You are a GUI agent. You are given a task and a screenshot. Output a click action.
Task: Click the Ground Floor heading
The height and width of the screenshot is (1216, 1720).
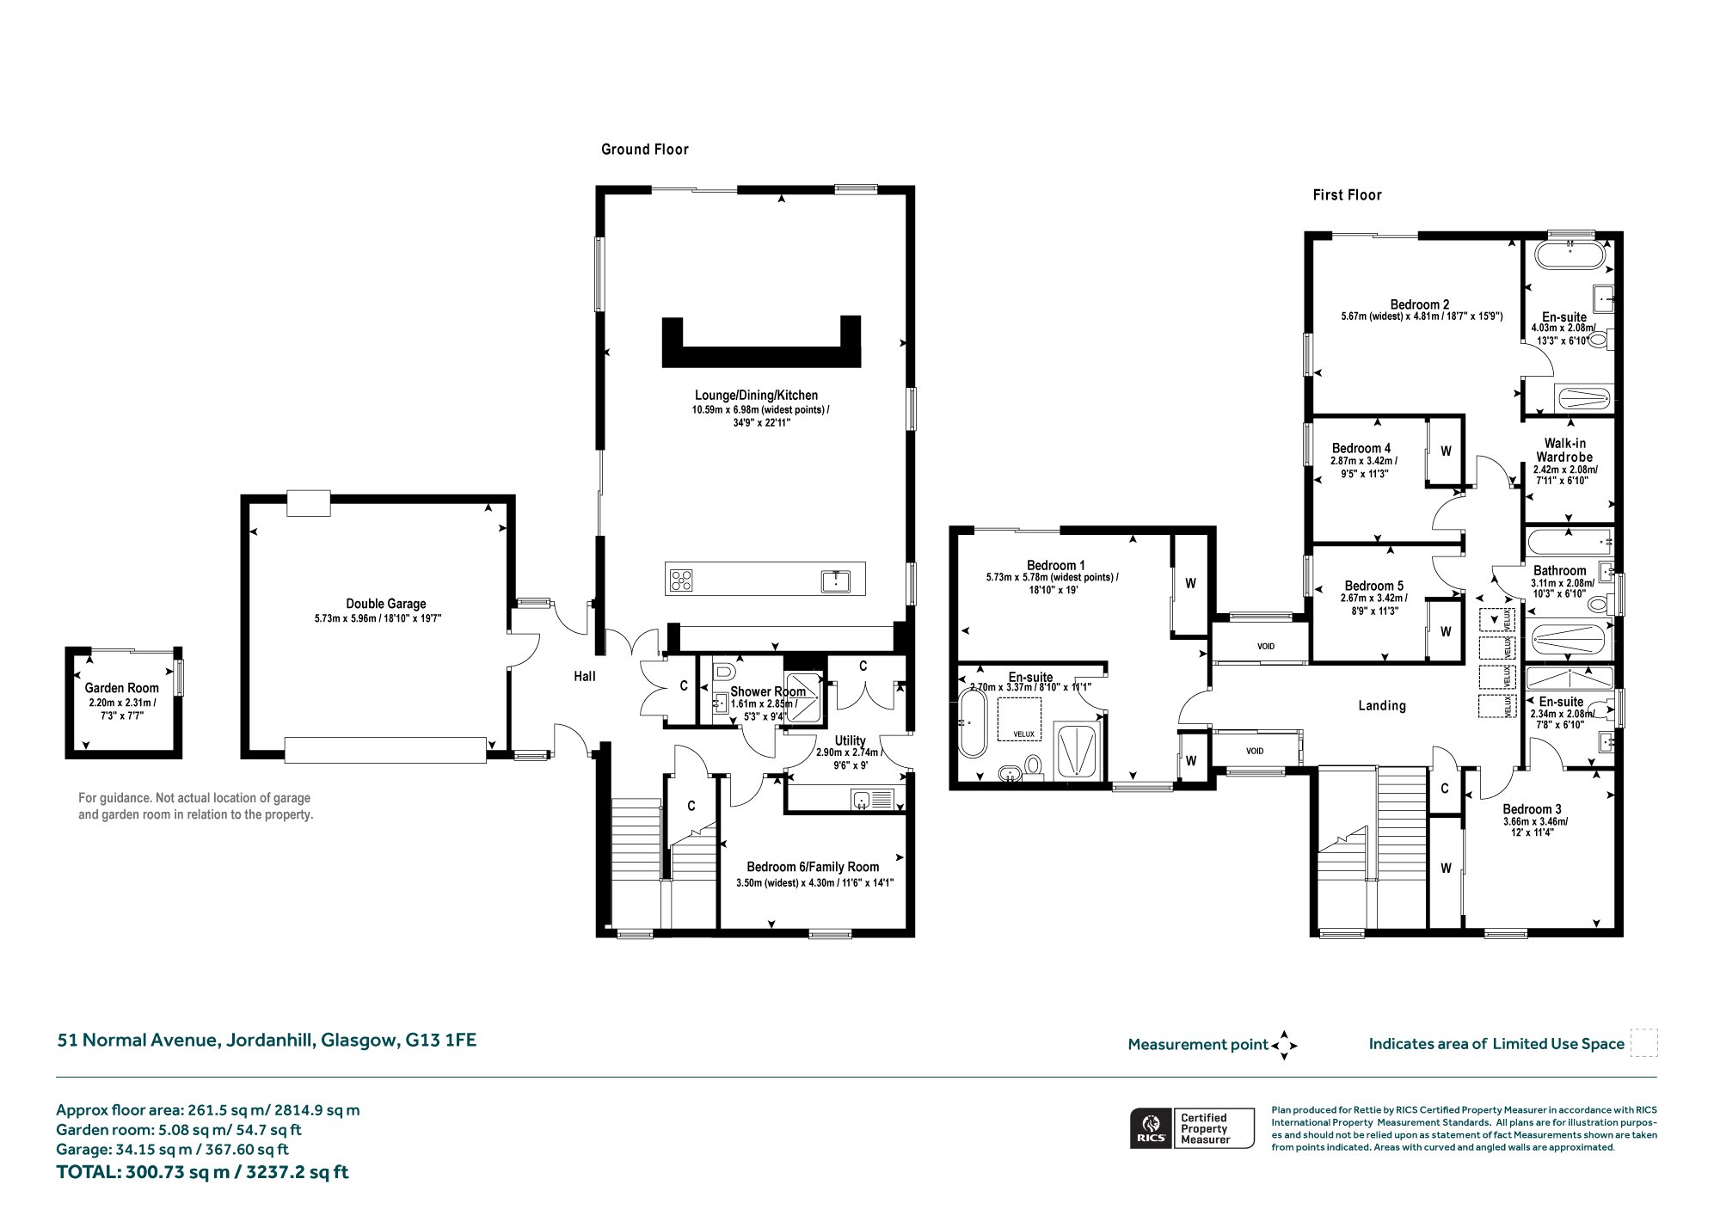coord(645,150)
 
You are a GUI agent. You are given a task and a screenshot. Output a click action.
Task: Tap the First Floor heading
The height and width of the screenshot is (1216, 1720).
coord(1347,195)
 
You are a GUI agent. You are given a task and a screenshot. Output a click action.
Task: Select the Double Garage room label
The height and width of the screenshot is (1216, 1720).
coord(386,604)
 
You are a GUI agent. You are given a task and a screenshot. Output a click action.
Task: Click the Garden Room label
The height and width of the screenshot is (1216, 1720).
coord(122,688)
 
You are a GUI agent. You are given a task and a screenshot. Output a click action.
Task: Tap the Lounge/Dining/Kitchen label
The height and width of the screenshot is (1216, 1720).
coord(757,396)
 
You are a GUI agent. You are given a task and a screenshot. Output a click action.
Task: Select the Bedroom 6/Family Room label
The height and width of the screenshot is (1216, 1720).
coord(813,867)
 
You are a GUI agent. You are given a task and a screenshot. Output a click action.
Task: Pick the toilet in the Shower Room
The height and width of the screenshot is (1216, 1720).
coord(723,672)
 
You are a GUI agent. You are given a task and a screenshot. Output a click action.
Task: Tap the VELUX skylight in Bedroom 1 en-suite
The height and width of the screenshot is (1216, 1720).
coord(1019,719)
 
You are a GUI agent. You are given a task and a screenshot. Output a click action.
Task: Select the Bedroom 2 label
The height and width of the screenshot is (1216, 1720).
coord(1420,304)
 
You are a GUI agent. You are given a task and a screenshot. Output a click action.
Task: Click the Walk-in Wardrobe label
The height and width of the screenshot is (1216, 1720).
coord(1564,451)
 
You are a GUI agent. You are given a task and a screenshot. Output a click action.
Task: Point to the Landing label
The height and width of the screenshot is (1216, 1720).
coord(1382,706)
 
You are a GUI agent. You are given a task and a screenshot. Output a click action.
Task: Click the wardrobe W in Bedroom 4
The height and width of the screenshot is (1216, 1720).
coord(1446,451)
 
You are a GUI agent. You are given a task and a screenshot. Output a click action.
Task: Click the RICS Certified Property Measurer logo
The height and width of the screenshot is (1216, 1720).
coord(1192,1128)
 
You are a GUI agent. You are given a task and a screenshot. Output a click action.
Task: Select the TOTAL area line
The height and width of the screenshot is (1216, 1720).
coord(202,1172)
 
